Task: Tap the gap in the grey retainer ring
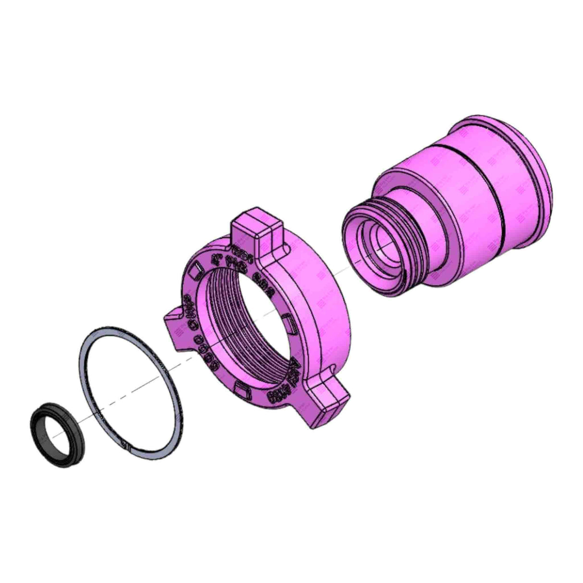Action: point(123,446)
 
